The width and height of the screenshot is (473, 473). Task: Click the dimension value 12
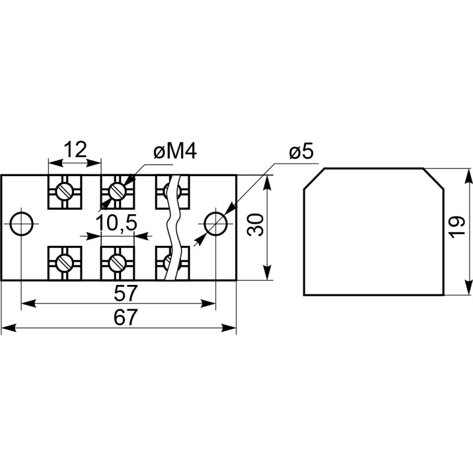coord(75,150)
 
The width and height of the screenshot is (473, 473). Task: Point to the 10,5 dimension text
coord(116,223)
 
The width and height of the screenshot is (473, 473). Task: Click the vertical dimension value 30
coord(255,224)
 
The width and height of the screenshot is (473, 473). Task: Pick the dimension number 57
coord(126,293)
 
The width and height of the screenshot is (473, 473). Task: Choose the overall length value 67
coord(126,317)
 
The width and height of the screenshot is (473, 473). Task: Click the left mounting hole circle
coord(21,224)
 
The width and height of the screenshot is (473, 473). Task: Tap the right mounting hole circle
coord(216,224)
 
